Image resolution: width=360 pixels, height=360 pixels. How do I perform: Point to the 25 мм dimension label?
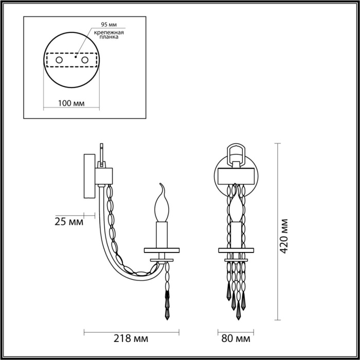point(68,222)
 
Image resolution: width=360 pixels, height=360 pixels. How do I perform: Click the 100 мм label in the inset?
point(71,103)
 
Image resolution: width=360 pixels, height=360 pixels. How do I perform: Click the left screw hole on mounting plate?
point(59,61)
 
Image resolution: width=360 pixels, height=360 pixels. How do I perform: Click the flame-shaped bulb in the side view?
point(163,203)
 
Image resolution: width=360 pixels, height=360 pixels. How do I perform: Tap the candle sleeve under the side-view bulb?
point(163,234)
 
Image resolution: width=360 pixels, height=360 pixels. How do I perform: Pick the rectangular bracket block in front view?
point(237,175)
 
